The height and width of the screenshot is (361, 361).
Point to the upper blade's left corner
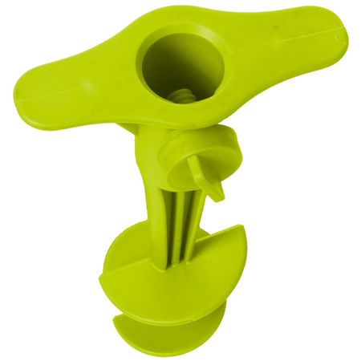point(104,282)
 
